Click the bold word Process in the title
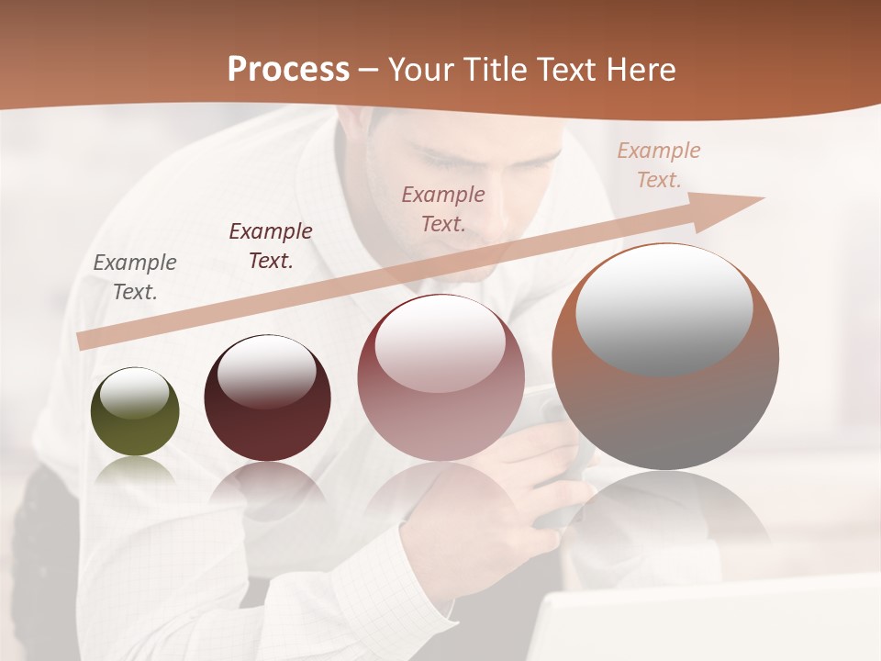coord(288,70)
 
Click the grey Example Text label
coord(135,277)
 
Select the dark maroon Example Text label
coord(271,246)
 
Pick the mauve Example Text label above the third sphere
coord(443,208)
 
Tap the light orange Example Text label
coord(659,165)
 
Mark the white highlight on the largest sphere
coord(664,308)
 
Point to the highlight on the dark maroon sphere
coord(267,371)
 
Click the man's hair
coord(459,124)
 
